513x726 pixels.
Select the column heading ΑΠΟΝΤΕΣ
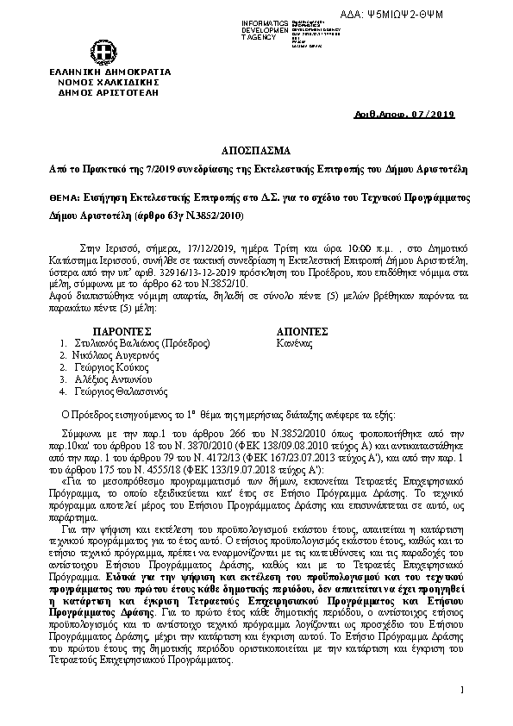tap(302, 331)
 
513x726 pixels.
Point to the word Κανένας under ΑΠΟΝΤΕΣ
tap(295, 342)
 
